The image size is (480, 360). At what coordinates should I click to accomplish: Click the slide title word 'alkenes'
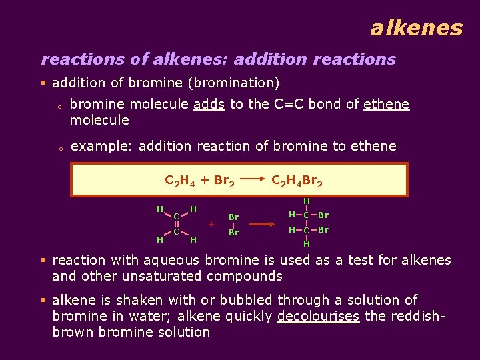click(x=416, y=28)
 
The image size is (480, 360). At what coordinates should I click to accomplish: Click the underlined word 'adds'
click(x=209, y=105)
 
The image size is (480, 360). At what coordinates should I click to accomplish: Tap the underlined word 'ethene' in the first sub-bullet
click(x=386, y=105)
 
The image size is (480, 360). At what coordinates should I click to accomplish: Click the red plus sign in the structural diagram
click(x=211, y=225)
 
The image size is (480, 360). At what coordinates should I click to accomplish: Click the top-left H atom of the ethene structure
click(x=160, y=209)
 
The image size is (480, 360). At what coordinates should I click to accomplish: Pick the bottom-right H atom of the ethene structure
click(x=193, y=239)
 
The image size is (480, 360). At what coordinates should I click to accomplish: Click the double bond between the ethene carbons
click(x=176, y=224)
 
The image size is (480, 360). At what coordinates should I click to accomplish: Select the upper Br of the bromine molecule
click(x=233, y=217)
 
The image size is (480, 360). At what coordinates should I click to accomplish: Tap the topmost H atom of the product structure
click(x=307, y=201)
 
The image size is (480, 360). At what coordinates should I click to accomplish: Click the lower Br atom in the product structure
click(x=323, y=230)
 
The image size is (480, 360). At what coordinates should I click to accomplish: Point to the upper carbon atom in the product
click(x=306, y=215)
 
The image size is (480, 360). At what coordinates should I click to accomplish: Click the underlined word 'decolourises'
click(x=318, y=316)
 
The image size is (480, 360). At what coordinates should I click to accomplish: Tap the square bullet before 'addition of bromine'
click(x=43, y=83)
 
